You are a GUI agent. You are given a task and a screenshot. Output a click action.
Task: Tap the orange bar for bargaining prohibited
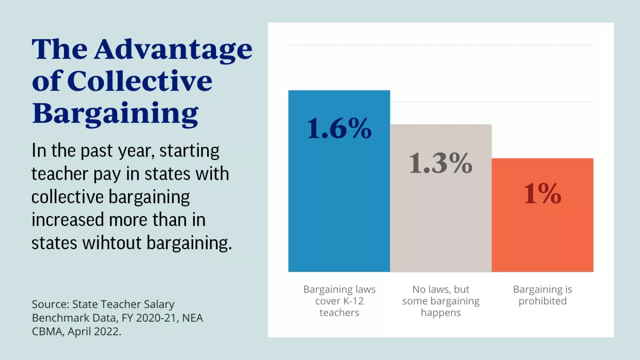tap(542, 236)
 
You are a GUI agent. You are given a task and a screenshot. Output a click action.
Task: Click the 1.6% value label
tap(339, 128)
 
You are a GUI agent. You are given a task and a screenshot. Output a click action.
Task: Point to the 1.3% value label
tap(440, 163)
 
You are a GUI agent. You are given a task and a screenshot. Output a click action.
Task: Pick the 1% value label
tap(542, 194)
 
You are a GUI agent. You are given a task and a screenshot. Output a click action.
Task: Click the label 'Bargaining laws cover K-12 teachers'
tap(339, 301)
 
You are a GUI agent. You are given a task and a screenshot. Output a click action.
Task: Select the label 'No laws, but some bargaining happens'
tap(441, 301)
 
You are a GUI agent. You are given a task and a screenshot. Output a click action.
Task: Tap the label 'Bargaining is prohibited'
tap(542, 295)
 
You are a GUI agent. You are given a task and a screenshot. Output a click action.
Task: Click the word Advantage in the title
tap(173, 50)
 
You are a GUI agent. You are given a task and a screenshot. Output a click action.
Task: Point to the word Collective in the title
tap(139, 81)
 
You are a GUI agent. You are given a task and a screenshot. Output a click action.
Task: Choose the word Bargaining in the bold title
tap(115, 114)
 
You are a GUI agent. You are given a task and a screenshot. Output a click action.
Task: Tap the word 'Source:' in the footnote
tap(50, 304)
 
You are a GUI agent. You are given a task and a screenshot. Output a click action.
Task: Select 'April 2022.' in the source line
tap(94, 331)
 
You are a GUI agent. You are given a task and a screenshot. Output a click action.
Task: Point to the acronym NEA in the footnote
tap(193, 318)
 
